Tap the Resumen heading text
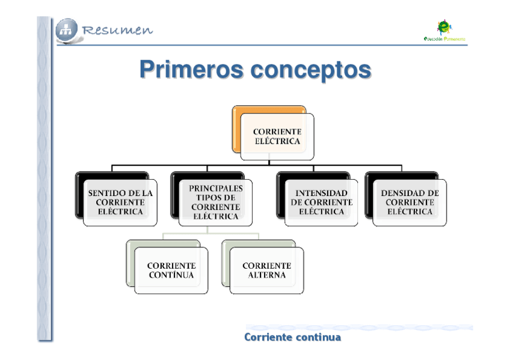(x=118, y=30)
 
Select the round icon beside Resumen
(x=67, y=30)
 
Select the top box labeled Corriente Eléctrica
(x=277, y=136)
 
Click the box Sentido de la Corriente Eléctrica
(x=120, y=203)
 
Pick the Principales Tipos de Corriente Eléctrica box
(x=216, y=203)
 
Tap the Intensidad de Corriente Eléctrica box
(x=321, y=203)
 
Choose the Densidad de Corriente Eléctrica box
(x=410, y=203)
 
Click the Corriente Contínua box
(x=171, y=270)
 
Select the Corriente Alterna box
(x=266, y=270)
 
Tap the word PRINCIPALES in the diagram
(x=216, y=188)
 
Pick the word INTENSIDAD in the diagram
(x=321, y=194)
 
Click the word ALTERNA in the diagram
(x=266, y=275)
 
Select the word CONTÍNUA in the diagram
(x=171, y=275)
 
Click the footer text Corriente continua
(x=292, y=337)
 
